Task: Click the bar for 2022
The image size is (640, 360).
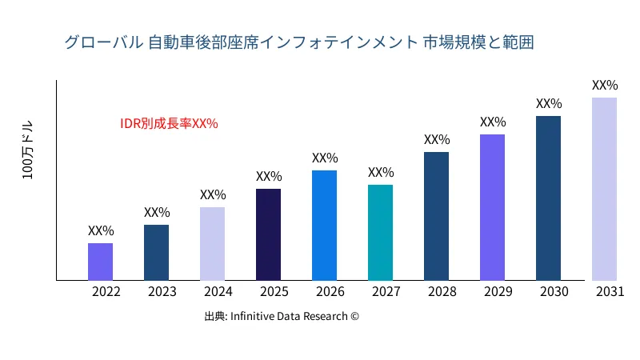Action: [x=100, y=262]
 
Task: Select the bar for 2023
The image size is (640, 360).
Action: [x=156, y=253]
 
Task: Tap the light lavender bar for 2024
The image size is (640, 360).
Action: [x=212, y=244]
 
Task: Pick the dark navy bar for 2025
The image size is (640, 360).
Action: [x=268, y=234]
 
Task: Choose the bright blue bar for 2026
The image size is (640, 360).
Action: [x=324, y=226]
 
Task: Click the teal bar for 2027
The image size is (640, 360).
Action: [x=380, y=233]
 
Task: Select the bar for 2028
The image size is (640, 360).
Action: [x=436, y=216]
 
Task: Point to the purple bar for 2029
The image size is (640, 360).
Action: [x=492, y=207]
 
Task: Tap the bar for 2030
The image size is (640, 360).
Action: [x=548, y=198]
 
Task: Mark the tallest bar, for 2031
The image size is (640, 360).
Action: [x=604, y=189]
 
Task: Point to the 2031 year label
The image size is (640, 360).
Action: [x=610, y=292]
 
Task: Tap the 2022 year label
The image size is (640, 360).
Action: [x=106, y=292]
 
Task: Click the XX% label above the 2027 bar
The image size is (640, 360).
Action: [x=381, y=173]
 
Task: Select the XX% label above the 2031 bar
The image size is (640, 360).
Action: [x=605, y=85]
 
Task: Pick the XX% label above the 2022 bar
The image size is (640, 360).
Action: [x=101, y=231]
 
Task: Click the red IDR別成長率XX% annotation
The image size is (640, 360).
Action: [x=169, y=123]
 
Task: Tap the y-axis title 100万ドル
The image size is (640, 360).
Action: [x=28, y=151]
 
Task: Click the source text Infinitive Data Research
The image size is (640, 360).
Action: [x=282, y=316]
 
